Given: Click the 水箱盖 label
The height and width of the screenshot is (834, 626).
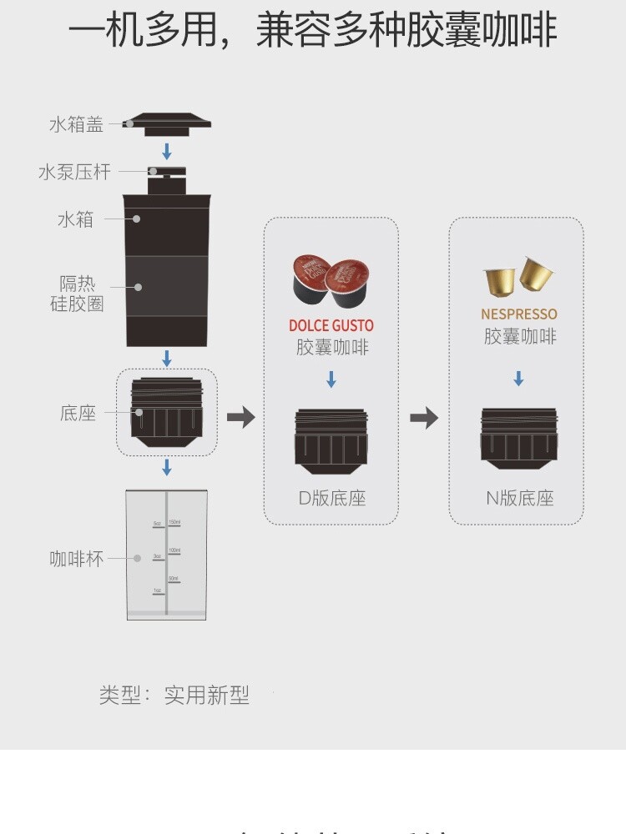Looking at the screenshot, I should click(76, 125).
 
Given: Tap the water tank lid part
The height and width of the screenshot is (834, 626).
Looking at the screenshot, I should click(167, 123).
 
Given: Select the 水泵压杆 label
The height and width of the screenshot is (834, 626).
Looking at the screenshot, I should click(74, 173).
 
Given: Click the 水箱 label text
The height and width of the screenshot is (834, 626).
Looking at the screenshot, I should click(75, 220).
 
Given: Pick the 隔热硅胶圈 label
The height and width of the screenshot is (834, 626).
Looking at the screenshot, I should click(77, 294).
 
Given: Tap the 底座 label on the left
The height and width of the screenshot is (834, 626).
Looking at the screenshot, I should click(78, 413).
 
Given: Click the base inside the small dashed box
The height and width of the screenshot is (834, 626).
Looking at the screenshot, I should click(167, 412).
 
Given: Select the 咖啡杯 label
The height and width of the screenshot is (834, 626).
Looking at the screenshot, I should click(77, 559).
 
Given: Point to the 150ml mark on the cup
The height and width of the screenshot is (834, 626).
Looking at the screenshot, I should click(174, 523).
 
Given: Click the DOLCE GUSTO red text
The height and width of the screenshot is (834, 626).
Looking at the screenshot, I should click(331, 325).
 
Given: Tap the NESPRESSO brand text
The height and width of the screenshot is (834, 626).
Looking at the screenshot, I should click(518, 314).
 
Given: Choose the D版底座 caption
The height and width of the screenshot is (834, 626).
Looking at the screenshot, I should click(332, 499).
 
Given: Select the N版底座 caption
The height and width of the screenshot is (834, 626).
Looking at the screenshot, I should click(519, 499).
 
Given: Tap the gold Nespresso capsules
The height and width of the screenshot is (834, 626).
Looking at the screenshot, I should click(519, 278).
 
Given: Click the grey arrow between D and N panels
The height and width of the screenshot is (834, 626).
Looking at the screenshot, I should click(424, 417).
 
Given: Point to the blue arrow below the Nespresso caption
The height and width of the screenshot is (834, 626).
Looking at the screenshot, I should click(518, 378).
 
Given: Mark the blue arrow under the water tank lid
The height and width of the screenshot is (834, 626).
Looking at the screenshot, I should click(167, 151).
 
